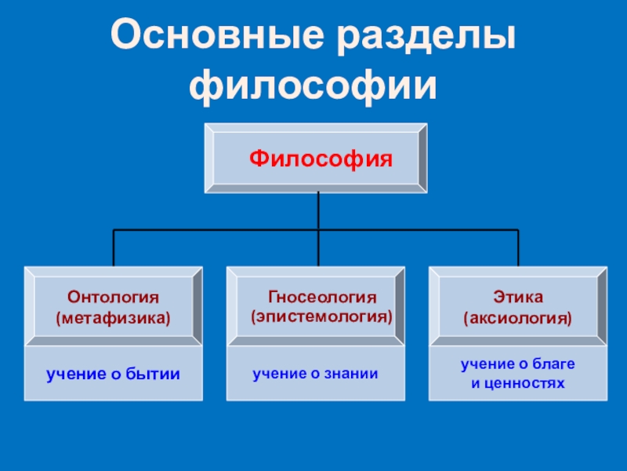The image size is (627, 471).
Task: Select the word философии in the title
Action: (313, 84)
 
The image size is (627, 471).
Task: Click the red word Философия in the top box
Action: (321, 159)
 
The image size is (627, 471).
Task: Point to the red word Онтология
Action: (114, 298)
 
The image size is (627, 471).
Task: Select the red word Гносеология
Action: (323, 298)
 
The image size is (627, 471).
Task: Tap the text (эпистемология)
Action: (321, 318)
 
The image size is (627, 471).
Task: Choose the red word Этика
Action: (518, 298)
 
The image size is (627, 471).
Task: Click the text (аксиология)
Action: (517, 319)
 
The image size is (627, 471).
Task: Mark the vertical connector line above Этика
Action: (518, 247)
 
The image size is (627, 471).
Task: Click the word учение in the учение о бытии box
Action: (74, 374)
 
